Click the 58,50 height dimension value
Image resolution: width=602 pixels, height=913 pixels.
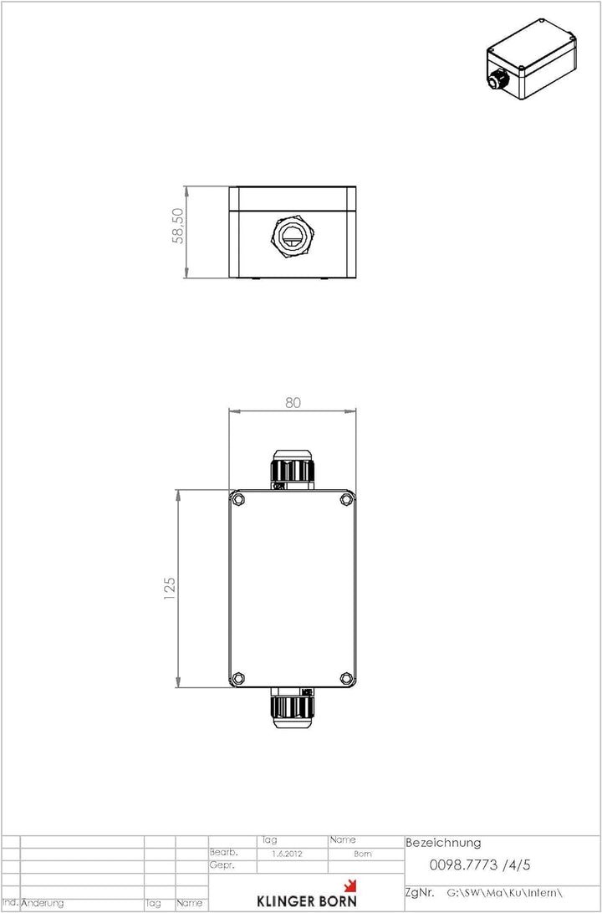pos(178,226)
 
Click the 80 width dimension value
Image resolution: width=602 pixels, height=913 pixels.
pos(293,402)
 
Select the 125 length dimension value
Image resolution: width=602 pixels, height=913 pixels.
pos(170,589)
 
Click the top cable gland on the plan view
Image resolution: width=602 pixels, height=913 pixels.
pos(292,470)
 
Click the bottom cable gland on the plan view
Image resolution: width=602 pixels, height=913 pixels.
pos(292,706)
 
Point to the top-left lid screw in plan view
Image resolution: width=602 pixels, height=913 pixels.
pos(240,500)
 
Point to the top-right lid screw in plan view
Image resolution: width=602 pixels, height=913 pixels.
pos(346,500)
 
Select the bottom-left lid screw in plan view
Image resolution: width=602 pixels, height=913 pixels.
pos(238,677)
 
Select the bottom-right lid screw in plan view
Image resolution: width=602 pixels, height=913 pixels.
pos(346,677)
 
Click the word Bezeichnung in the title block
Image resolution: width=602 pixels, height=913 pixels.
pos(443,843)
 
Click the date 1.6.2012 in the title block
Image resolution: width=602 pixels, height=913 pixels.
pos(287,854)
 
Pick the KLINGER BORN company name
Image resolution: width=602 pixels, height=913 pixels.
pos(305,900)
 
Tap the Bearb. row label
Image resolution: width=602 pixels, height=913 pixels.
pos(223,853)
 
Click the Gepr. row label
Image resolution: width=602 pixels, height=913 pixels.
pos(222,866)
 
